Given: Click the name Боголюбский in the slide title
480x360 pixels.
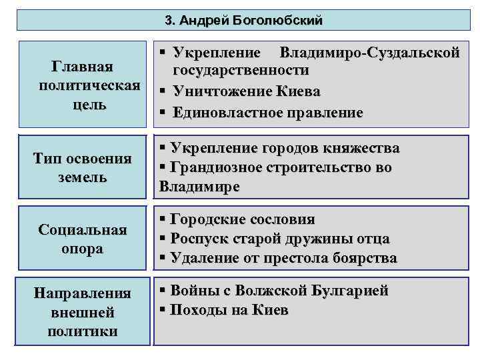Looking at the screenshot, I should tap(286, 21).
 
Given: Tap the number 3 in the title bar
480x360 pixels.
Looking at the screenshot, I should tap(167, 21).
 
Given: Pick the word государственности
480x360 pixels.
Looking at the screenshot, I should tap(241, 71).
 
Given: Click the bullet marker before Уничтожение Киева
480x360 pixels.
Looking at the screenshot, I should tap(162, 91).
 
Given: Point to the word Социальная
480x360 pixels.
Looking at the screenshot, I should tap(83, 231).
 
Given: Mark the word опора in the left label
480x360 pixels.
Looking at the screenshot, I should tap(82, 249).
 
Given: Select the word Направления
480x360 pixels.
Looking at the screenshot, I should tap(82, 294).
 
